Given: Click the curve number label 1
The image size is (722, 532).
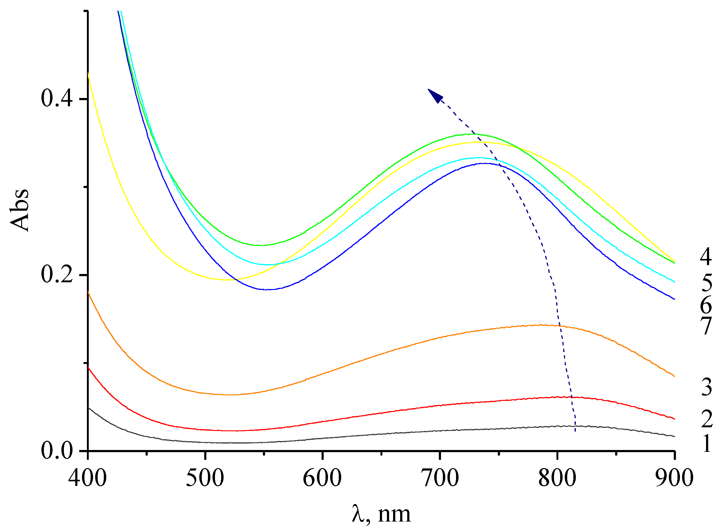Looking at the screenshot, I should pyautogui.click(x=707, y=444).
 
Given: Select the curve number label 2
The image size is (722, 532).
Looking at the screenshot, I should pyautogui.click(x=707, y=419).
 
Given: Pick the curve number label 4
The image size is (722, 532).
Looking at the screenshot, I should pyautogui.click(x=707, y=256).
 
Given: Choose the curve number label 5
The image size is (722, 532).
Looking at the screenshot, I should pyautogui.click(x=707, y=282).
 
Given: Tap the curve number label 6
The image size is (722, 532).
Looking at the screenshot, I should pyautogui.click(x=707, y=305).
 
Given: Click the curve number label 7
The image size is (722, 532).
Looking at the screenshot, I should pyautogui.click(x=707, y=326).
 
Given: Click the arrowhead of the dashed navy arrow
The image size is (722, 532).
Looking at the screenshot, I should pyautogui.click(x=435, y=95).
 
